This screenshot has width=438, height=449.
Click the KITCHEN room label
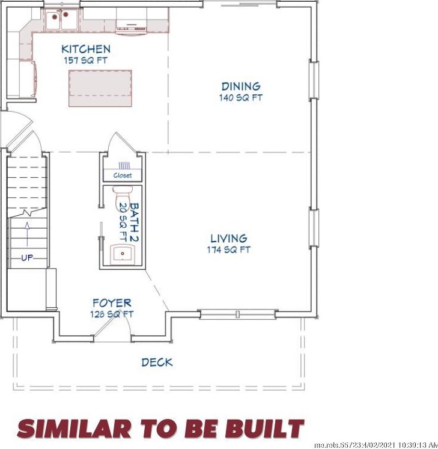coord(86,49)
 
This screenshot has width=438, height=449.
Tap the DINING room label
coord(241,87)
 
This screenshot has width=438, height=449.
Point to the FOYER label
coord(112,303)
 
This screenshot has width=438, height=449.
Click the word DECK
coord(157,362)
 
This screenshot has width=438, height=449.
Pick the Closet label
coord(123,176)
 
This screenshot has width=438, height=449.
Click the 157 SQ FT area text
coord(86,61)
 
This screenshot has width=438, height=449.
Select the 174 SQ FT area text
coord(228,250)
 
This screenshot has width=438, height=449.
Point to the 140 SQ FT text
coord(241,97)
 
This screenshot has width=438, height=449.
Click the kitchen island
coord(100,88)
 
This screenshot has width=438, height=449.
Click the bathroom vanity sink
coord(123,254)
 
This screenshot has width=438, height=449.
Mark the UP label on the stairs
coord(27,258)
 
